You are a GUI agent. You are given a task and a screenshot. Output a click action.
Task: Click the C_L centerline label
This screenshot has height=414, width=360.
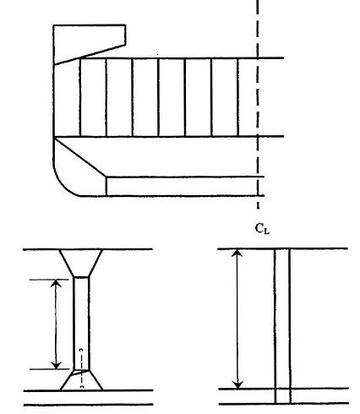[262, 229]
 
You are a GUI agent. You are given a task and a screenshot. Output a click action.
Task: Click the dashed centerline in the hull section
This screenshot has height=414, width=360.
[258, 104]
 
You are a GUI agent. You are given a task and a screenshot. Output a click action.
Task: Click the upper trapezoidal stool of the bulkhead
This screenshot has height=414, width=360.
[81, 263]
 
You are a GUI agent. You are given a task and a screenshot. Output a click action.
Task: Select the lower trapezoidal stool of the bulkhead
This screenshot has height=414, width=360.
[81, 380]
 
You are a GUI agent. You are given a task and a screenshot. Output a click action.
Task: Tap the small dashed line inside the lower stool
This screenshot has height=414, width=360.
[81, 368]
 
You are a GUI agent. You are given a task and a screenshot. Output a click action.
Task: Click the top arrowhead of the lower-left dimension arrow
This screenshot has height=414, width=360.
[56, 282]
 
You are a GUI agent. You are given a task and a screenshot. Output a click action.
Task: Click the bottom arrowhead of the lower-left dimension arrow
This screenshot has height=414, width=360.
[57, 366]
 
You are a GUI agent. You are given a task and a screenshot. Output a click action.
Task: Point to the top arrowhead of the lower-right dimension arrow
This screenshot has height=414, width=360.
[237, 252]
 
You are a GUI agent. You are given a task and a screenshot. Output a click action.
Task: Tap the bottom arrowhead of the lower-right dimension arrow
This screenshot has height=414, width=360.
[238, 385]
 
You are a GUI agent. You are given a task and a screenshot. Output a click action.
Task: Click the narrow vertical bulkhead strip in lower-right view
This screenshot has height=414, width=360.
[282, 326]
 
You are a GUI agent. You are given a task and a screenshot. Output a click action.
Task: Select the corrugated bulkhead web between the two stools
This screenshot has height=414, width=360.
[81, 324]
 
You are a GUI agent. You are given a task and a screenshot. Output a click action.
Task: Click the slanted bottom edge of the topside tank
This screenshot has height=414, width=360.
[90, 55]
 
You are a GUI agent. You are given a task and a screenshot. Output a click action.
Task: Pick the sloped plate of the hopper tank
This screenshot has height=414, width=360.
[80, 157]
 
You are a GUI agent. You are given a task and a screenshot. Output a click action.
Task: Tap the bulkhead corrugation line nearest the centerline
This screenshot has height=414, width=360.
[238, 97]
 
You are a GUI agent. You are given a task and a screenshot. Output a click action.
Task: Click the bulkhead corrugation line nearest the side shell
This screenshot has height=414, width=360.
[80, 97]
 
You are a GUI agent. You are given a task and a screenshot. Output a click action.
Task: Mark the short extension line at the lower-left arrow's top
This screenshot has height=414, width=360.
[49, 280]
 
